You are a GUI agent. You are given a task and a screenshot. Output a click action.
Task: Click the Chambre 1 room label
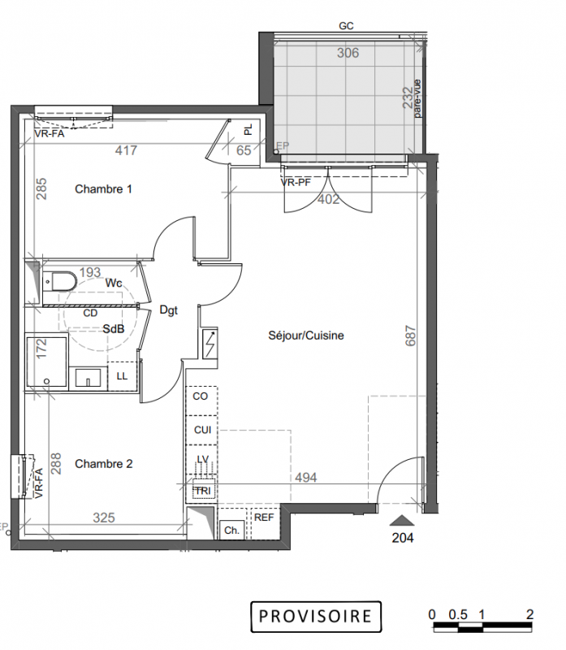pyautogui.click(x=103, y=189)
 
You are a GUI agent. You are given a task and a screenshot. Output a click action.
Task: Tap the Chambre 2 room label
pyautogui.click(x=104, y=464)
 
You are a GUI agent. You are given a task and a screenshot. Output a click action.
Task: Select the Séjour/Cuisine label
pyautogui.click(x=306, y=336)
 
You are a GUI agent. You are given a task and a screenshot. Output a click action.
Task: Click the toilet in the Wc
pyautogui.click(x=59, y=281)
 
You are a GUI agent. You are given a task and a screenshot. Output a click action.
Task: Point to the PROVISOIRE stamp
pyautogui.click(x=316, y=617)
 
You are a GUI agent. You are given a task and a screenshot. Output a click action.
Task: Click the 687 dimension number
pyautogui.click(x=410, y=336)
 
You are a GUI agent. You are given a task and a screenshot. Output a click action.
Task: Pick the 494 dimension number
pyautogui.click(x=306, y=478)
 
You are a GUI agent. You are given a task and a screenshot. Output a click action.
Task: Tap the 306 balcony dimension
pyautogui.click(x=348, y=53)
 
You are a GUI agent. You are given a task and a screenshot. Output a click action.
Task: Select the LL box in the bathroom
pyautogui.click(x=122, y=376)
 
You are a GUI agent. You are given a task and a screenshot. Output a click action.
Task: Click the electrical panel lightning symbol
pyautogui.click(x=210, y=344)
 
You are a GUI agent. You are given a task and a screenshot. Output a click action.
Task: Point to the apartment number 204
pyautogui.click(x=403, y=538)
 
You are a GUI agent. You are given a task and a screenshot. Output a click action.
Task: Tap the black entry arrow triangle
pyautogui.click(x=401, y=520)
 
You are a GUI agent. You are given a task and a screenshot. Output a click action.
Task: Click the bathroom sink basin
pyautogui.click(x=88, y=378)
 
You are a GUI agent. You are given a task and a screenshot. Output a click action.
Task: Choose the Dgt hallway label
pyautogui.click(x=169, y=310)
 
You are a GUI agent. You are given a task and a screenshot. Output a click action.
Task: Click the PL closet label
pyautogui.click(x=248, y=130)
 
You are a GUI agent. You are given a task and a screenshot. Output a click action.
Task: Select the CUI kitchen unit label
pyautogui.click(x=203, y=430)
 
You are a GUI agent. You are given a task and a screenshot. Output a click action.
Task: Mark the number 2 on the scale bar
pyautogui.click(x=529, y=614)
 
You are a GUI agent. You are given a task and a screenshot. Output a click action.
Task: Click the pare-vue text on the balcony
pyautogui.click(x=417, y=98)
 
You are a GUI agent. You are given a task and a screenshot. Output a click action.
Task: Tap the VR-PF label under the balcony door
pyautogui.click(x=296, y=182)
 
